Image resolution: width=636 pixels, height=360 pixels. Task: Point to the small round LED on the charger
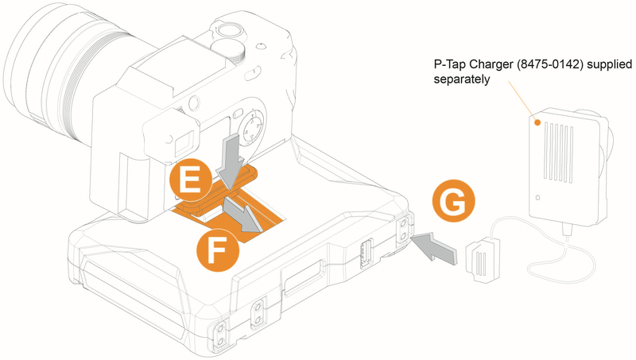coord(537,197)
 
